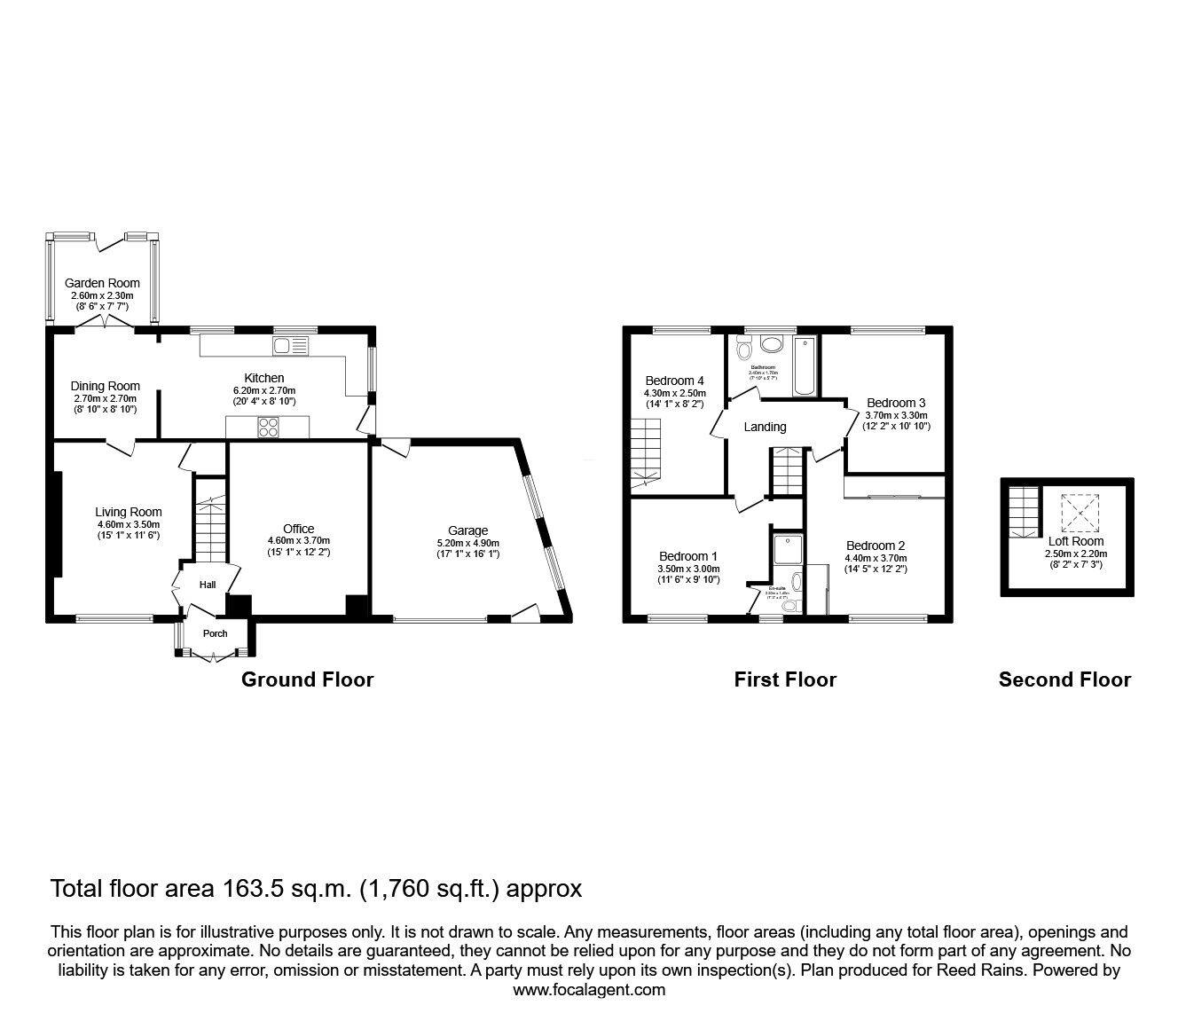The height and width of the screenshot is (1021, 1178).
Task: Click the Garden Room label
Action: (x=102, y=283)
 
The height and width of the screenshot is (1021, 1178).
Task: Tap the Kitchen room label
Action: (x=264, y=378)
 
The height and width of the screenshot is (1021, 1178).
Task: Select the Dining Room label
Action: (x=105, y=386)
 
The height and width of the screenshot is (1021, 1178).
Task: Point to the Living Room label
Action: (x=129, y=512)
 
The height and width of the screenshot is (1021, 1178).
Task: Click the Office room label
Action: (x=299, y=529)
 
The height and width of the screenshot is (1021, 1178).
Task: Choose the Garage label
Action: (x=467, y=531)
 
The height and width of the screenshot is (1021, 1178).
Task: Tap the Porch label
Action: (x=215, y=633)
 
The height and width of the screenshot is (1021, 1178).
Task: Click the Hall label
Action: (x=207, y=585)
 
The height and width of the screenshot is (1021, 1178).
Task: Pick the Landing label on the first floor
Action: (x=765, y=427)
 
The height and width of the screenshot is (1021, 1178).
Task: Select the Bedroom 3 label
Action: (x=896, y=402)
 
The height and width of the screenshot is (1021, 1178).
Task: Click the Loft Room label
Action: (x=1076, y=541)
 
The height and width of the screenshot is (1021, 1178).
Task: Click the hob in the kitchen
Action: (x=267, y=428)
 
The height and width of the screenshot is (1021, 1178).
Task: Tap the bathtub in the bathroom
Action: (x=805, y=365)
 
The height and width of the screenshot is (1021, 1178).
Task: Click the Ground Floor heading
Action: (x=307, y=679)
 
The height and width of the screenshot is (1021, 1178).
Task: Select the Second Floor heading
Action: (x=1064, y=679)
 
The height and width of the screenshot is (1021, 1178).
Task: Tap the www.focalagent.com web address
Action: (x=589, y=990)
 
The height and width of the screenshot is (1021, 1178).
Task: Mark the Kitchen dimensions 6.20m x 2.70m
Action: (x=264, y=390)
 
